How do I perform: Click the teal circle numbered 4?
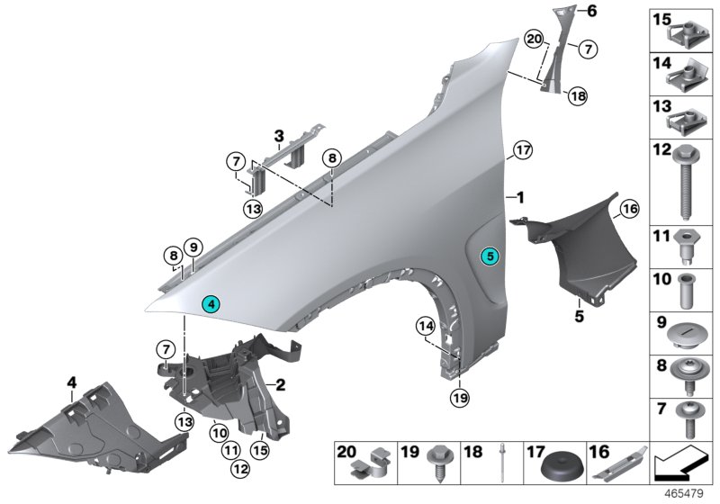coord(211,305)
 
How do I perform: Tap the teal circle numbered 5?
coord(490,256)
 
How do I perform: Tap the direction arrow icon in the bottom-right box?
coord(679,463)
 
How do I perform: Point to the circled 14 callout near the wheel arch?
coord(425,325)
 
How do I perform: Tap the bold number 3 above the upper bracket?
coord(279,137)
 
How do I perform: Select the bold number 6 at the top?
coord(592,12)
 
